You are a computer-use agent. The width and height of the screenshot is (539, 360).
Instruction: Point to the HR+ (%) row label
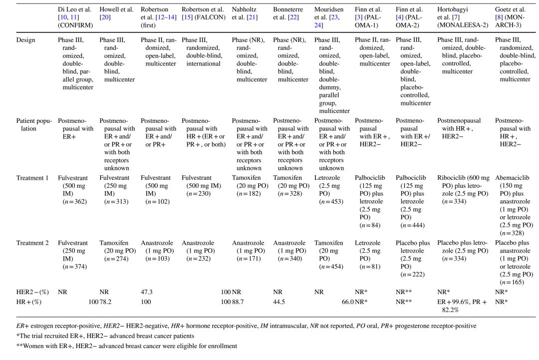[x=29, y=302]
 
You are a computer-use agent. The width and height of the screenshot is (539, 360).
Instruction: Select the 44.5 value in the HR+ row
[x=280, y=302]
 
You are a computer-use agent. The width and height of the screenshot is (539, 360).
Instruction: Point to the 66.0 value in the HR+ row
[x=345, y=302]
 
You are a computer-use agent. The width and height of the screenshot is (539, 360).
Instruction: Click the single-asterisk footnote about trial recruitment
[x=118, y=336]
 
